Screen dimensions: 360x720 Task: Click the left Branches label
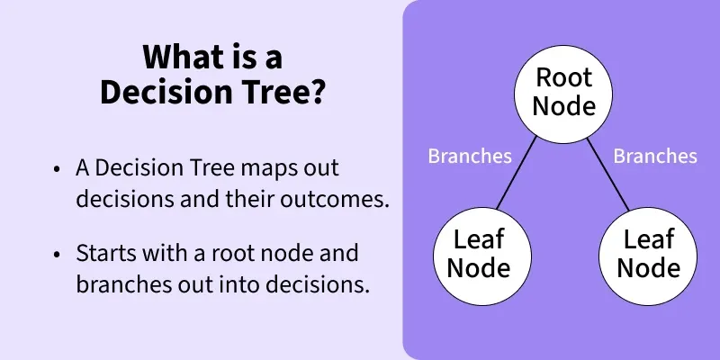[x=470, y=156]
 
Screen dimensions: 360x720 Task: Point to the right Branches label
[x=655, y=156]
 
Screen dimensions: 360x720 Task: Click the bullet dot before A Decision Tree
[x=58, y=170]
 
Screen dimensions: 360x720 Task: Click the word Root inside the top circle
[x=563, y=78]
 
